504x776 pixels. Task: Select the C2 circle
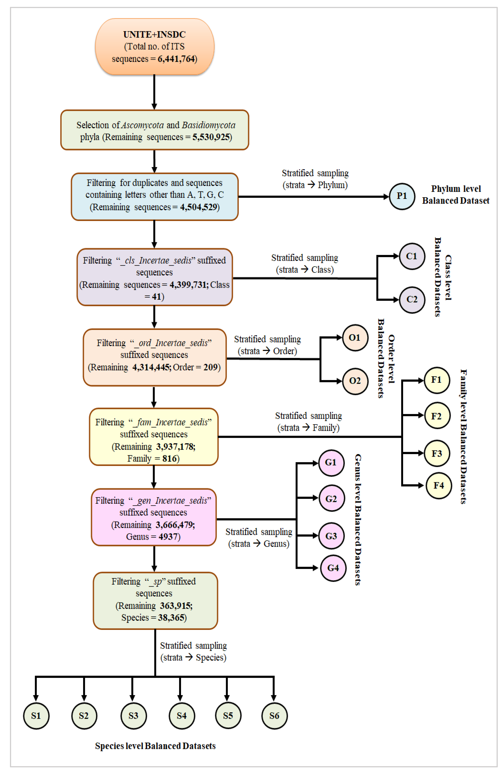(412, 300)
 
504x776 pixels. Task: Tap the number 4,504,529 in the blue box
(199, 207)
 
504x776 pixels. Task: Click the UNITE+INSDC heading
(154, 35)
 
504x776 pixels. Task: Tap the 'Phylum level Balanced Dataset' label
(456, 195)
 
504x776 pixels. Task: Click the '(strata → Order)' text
(267, 351)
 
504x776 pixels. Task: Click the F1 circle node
(437, 380)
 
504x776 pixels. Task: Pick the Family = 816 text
(153, 458)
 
